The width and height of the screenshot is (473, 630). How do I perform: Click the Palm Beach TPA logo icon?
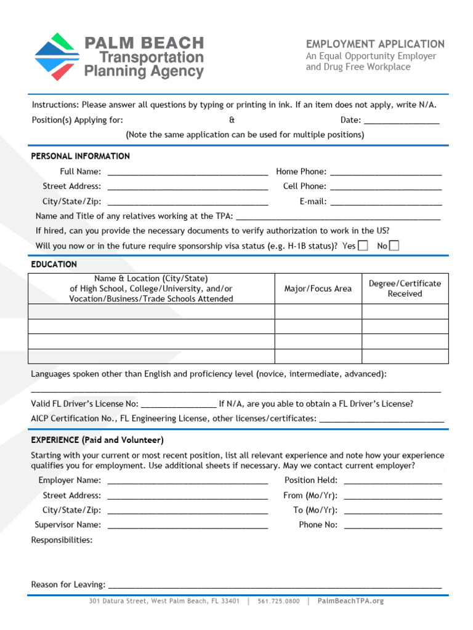coord(57,57)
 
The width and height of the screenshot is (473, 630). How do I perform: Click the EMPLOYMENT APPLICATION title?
coord(375,44)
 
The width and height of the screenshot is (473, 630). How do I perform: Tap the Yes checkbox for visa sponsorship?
coord(363,246)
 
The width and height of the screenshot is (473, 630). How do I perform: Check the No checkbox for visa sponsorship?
coord(394,246)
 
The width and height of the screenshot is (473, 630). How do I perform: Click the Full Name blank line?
coord(187,173)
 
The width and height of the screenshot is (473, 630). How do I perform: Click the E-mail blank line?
coord(386,202)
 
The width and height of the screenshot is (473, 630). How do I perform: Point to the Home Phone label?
coord(301,172)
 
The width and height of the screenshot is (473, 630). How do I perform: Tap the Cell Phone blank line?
coord(386,188)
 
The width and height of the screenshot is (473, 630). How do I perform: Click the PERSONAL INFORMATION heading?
coord(80,156)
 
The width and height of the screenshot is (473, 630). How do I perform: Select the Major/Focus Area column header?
coord(318,289)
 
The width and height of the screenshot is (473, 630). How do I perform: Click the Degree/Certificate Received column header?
coord(405,289)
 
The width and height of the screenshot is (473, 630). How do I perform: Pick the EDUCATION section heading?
coord(54,265)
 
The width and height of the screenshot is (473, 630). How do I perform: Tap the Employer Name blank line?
coord(187,482)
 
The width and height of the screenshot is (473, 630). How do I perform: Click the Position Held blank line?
coord(392,482)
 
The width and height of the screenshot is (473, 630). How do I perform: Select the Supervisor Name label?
coord(68,525)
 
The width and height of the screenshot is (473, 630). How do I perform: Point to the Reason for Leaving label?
coord(68,584)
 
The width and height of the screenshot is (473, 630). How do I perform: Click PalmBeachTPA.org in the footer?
coord(350,601)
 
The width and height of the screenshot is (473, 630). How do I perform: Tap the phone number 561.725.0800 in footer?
coord(278,601)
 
